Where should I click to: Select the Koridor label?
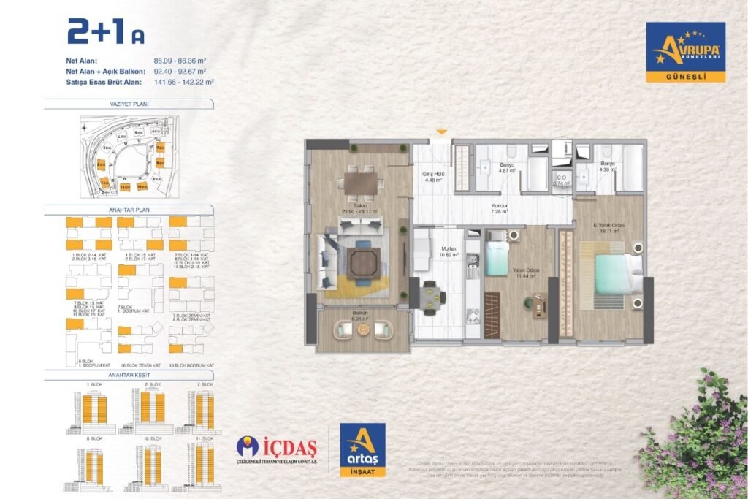[499, 207]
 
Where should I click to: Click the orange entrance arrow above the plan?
[440, 132]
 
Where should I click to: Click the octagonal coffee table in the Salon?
[361, 262]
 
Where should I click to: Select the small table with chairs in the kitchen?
[432, 297]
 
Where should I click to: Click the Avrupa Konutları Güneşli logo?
[685, 52]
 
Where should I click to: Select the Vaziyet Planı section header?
[131, 104]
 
